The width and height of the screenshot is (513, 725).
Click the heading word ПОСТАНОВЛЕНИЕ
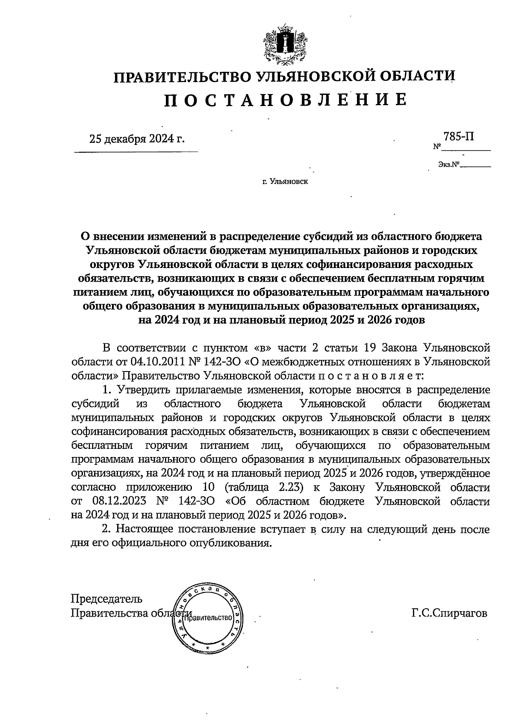[x=286, y=99]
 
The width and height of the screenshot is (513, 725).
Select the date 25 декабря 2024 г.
[x=137, y=139]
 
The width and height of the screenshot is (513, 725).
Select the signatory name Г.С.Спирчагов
[x=449, y=613]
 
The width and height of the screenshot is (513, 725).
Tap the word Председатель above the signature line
[x=106, y=599]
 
